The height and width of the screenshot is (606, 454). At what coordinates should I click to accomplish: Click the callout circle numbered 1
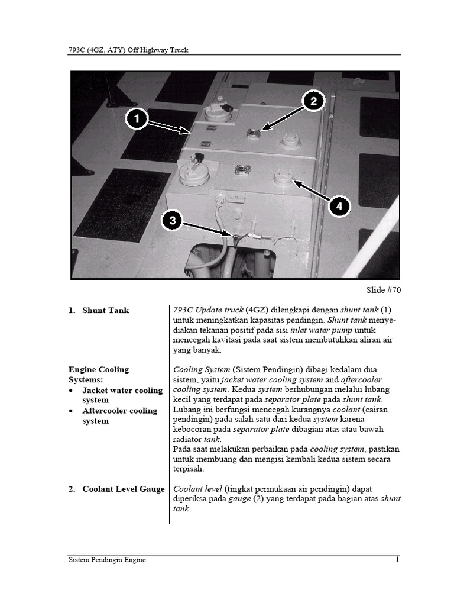tap(137, 119)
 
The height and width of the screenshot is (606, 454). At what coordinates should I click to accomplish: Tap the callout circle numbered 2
tap(314, 102)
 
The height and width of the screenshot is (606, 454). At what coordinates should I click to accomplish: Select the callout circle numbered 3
tap(172, 221)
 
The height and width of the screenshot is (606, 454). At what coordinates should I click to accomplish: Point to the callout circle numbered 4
tap(339, 207)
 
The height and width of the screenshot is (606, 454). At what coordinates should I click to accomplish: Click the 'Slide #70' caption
tap(383, 290)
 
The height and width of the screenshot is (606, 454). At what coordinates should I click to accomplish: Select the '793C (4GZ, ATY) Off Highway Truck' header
tap(128, 50)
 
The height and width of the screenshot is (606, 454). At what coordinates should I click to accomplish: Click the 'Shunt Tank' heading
tap(105, 310)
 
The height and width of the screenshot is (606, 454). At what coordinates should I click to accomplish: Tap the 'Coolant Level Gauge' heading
tap(123, 489)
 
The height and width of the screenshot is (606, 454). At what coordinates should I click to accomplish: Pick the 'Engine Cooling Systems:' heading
tap(98, 374)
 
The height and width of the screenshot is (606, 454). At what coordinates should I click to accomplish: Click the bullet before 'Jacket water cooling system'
tap(72, 391)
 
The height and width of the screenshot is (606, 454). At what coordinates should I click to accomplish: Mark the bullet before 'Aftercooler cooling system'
tap(72, 411)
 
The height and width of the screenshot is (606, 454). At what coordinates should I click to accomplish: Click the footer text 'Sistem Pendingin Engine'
tap(107, 560)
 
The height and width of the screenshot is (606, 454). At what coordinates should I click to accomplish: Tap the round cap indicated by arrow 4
tap(283, 177)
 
